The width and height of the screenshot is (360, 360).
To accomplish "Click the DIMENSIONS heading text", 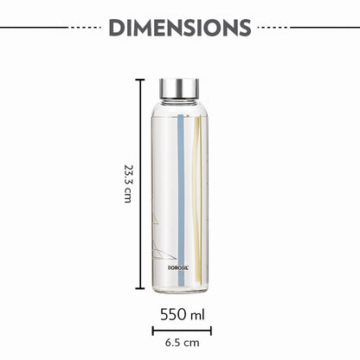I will tap(180, 28).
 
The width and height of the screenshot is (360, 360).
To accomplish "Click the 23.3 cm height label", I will tap(127, 183).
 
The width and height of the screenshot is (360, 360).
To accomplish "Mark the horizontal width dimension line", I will tap(181, 330).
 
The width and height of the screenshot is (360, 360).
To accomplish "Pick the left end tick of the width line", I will tap(153, 330).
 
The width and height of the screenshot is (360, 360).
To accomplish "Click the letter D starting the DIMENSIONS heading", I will tap(116, 28).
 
